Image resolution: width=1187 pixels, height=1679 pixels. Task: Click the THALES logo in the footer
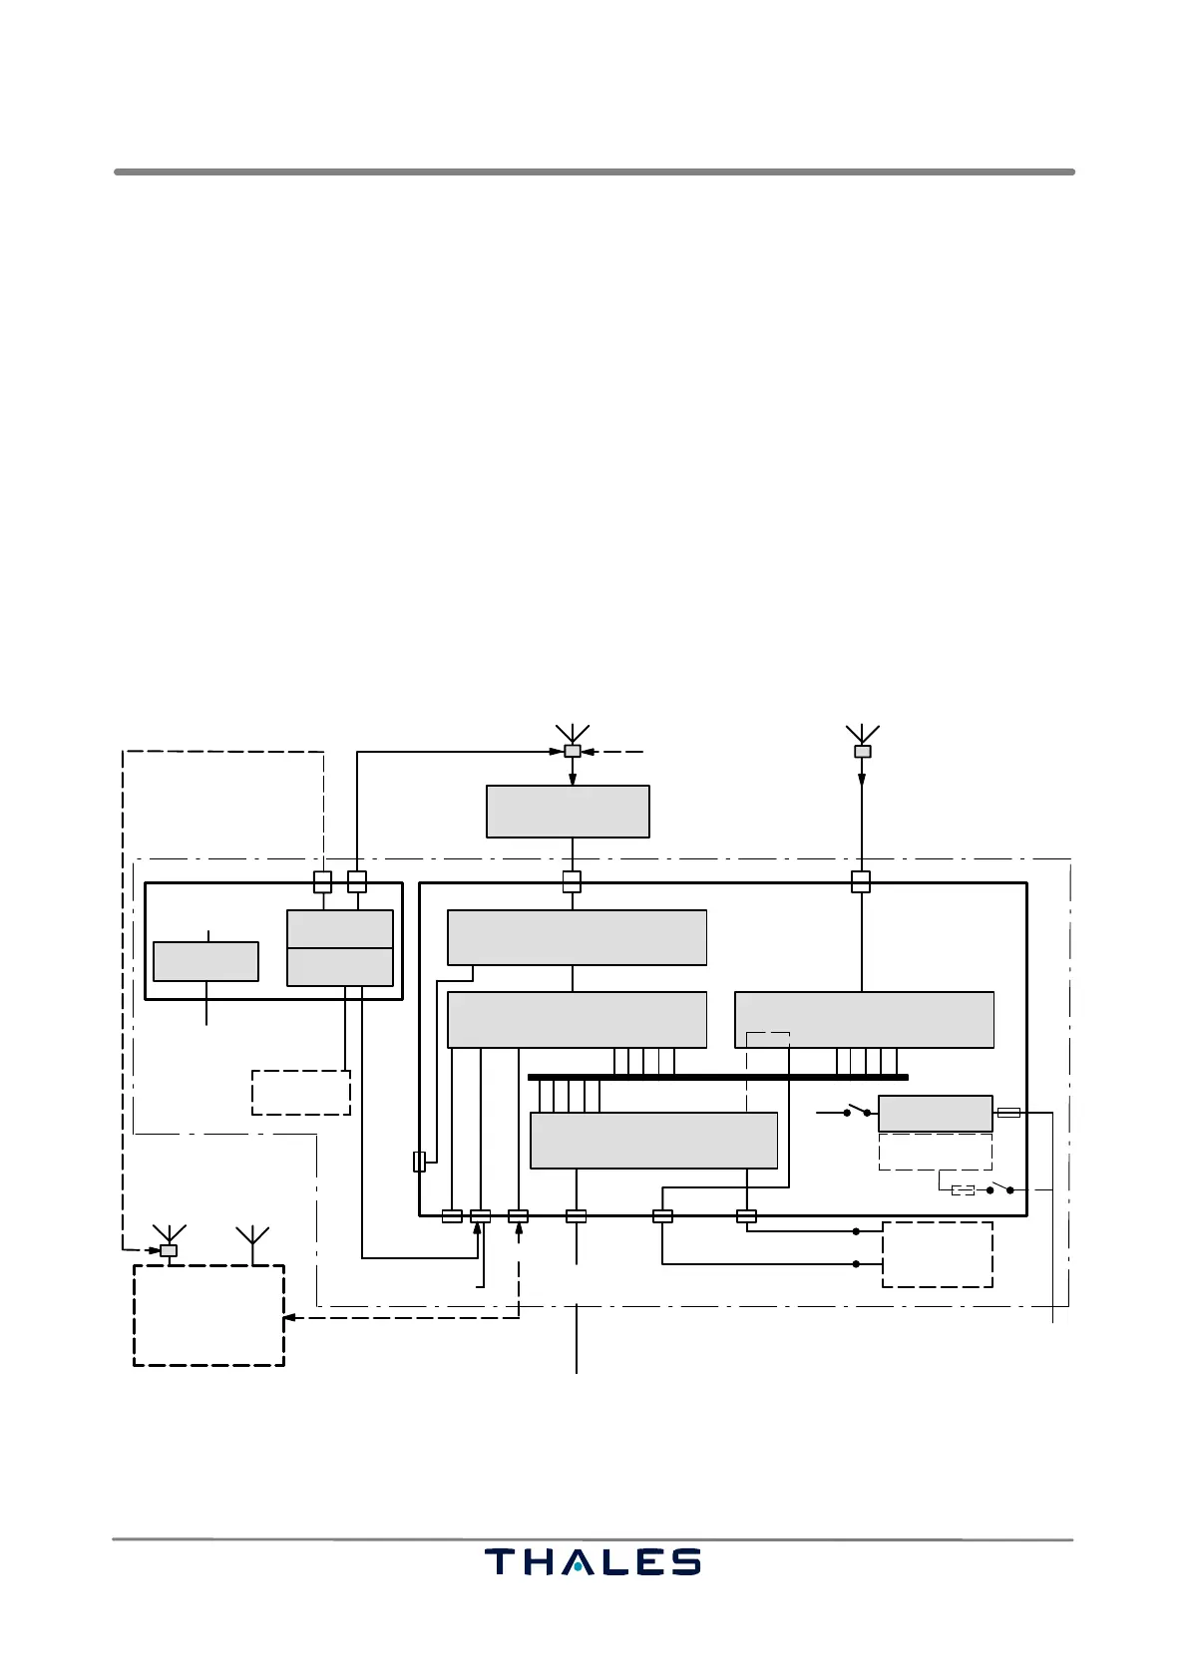point(593,1560)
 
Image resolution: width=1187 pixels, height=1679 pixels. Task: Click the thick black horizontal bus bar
point(717,1077)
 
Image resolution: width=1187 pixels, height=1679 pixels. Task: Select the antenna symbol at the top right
point(862,734)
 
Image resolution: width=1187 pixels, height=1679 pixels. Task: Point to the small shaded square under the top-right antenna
point(863,752)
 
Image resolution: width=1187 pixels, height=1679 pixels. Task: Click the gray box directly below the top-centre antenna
point(568,812)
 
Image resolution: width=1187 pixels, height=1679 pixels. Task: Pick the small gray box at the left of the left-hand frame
point(205,961)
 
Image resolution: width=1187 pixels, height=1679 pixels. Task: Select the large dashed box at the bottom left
point(209,1315)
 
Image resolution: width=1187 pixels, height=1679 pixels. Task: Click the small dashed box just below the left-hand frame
point(301,1093)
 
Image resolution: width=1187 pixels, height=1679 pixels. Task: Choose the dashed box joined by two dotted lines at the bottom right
point(938,1254)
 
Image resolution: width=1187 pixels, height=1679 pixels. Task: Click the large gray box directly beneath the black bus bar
point(653,1140)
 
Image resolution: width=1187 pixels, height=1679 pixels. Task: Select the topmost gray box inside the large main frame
point(577,937)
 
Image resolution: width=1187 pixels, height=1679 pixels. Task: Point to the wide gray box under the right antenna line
point(864,1019)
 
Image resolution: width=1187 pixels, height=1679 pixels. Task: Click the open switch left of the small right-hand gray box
point(857,1109)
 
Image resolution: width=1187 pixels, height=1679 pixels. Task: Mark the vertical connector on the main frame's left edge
point(419,1162)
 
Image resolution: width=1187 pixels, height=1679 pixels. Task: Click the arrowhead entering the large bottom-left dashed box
point(289,1318)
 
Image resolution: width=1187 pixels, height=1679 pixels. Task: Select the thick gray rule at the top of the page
point(593,172)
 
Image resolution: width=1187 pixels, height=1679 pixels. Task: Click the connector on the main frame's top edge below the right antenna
point(861,882)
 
